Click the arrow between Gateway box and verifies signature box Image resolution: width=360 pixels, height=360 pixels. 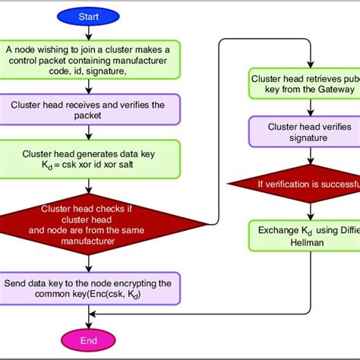tap(310, 108)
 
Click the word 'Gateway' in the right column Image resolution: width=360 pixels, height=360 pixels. tap(322, 90)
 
